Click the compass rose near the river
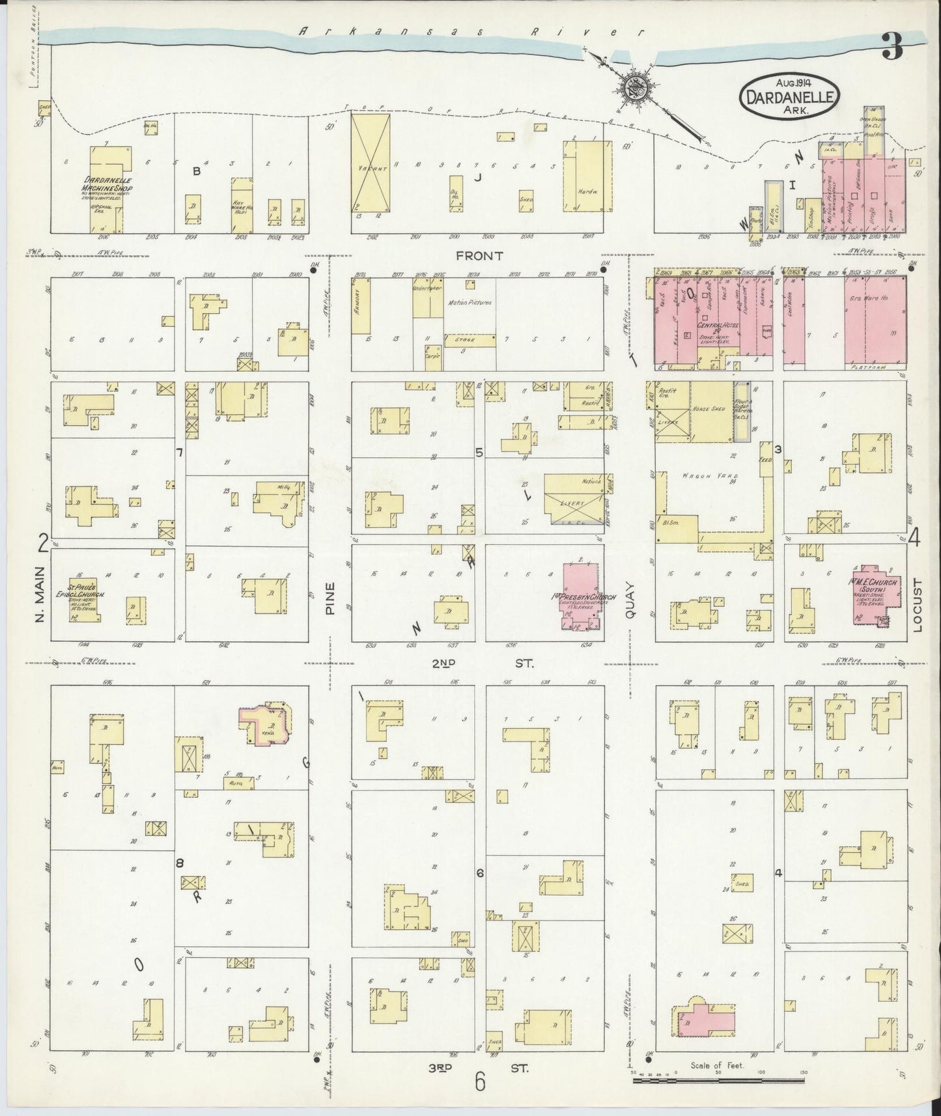coord(632,88)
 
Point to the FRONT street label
coord(479,256)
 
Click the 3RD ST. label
coord(479,1067)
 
